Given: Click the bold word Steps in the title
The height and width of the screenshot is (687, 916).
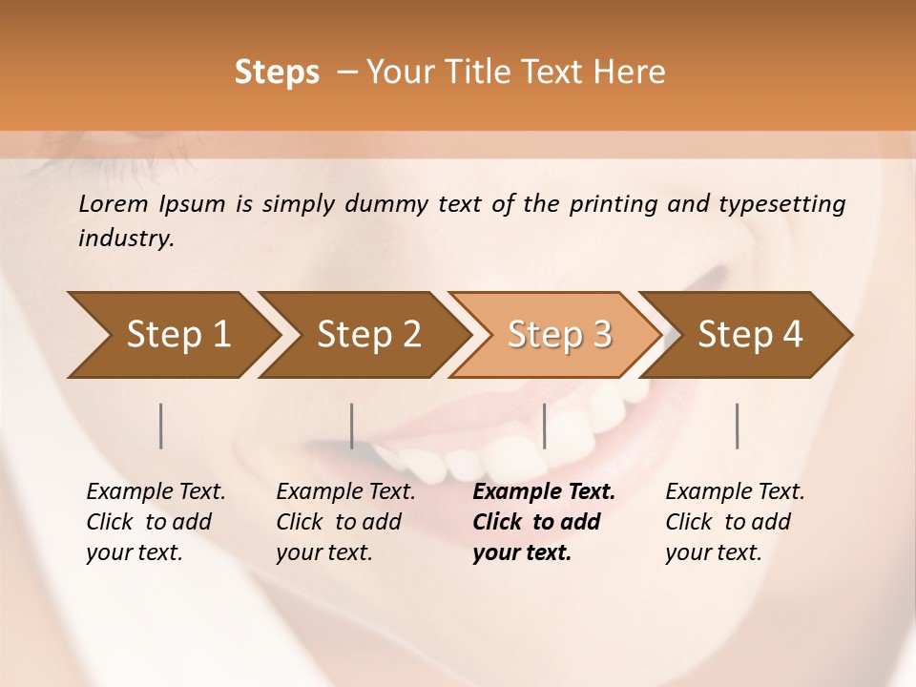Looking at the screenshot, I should [277, 73].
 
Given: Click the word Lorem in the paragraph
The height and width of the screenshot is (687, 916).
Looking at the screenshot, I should [114, 203].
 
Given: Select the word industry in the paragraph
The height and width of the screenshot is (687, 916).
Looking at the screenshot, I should [125, 239].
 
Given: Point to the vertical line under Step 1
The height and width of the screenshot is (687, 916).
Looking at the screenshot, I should [160, 426].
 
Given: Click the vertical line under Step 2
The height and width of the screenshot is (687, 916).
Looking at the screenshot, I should [352, 426].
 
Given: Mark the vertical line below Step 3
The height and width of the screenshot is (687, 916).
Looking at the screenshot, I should [544, 426].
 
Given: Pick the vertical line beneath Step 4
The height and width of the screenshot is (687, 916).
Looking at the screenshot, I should [737, 426].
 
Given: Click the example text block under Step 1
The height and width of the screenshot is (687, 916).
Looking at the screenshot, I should [156, 522].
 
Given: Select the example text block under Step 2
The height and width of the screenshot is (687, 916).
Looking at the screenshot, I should [345, 522].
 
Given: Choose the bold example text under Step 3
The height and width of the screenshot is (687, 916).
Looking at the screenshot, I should [543, 522].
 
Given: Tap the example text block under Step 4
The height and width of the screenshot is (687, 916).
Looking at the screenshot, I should [735, 522].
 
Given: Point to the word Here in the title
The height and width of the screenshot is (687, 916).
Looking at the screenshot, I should [633, 73].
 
